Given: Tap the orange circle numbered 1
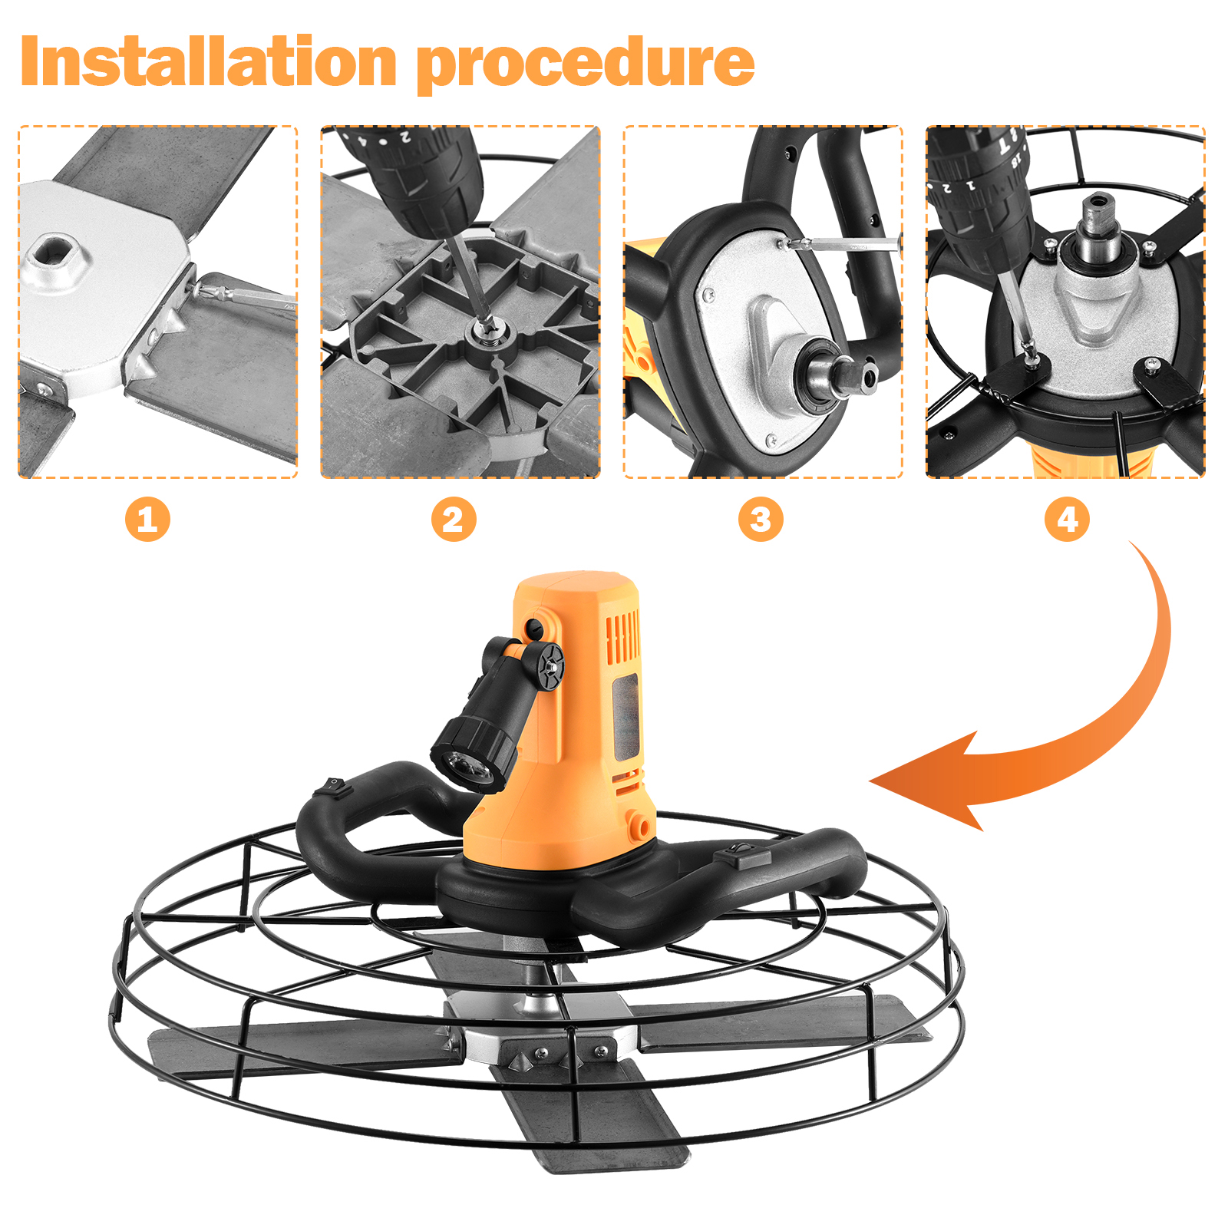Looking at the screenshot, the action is pos(147,520).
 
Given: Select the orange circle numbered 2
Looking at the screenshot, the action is pos(454,520).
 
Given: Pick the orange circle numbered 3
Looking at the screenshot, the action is pos(761,520).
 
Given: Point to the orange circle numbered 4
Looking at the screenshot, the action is pos(1068,520).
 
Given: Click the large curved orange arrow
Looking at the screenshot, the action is pos(1105,737).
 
